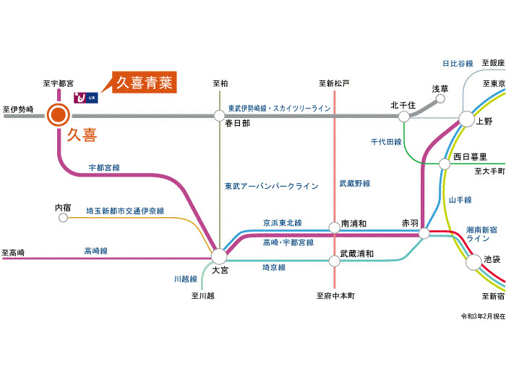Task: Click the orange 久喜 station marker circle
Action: pos(58,114)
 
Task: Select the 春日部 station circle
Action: pos(219,114)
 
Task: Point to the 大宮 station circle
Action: pos(219,255)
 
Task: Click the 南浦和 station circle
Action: pos(334,227)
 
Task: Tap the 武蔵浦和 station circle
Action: pos(334,255)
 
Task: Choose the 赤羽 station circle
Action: pos(424,233)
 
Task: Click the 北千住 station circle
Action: pos(403,114)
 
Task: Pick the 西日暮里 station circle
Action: pos(445,164)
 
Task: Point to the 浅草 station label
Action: pos(440,89)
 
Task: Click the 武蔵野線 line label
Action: pos(355,184)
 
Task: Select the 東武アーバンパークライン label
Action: pos(271,186)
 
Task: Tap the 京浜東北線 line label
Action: pos(282,223)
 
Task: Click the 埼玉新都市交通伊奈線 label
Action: pos(125,211)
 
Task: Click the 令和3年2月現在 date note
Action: pos(483,316)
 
